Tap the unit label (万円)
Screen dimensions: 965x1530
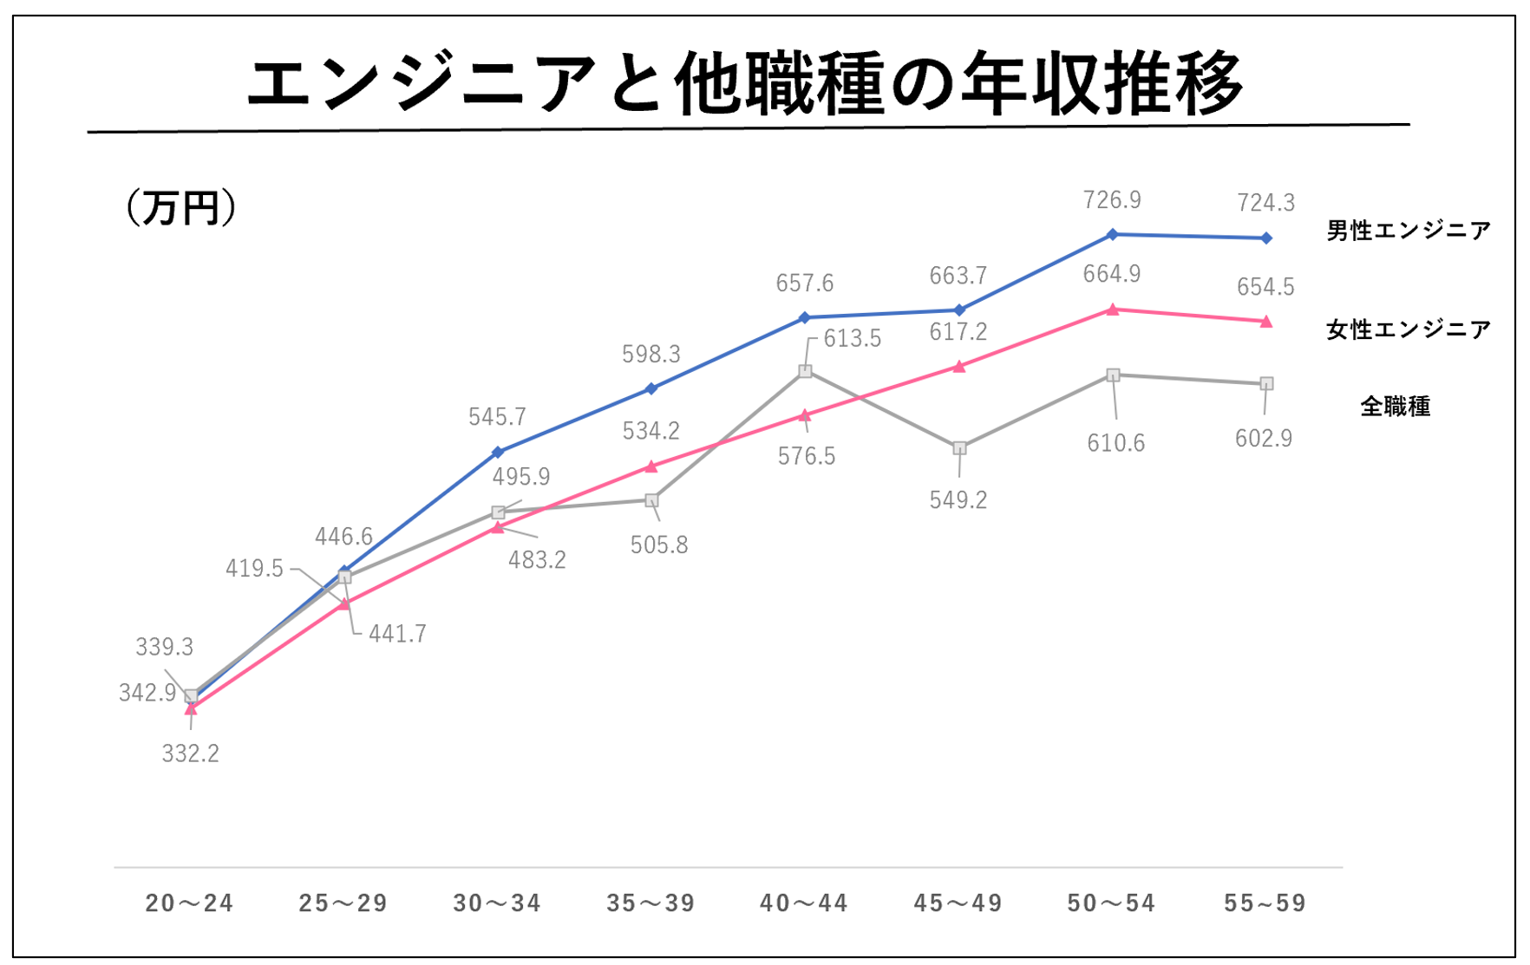180,208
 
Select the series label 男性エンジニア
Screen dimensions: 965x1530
1408,231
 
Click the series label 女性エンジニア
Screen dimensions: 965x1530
1408,329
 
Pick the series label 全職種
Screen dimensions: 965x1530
1395,406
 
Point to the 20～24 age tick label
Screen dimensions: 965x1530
189,903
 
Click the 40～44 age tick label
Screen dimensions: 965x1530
804,903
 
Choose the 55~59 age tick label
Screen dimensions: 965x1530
1265,903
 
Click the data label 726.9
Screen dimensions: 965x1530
1112,200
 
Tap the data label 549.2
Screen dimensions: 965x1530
958,500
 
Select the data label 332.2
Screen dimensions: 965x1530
190,753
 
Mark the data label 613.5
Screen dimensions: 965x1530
852,339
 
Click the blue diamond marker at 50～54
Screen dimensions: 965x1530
1113,234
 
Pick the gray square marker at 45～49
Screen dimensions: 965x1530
959,448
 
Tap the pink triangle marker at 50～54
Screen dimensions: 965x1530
1113,310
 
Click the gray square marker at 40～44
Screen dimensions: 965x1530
805,371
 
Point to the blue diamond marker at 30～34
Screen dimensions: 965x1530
498,452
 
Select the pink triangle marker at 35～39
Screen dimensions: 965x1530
651,466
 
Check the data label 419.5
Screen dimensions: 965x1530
254,569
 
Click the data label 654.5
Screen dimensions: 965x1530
1265,287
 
